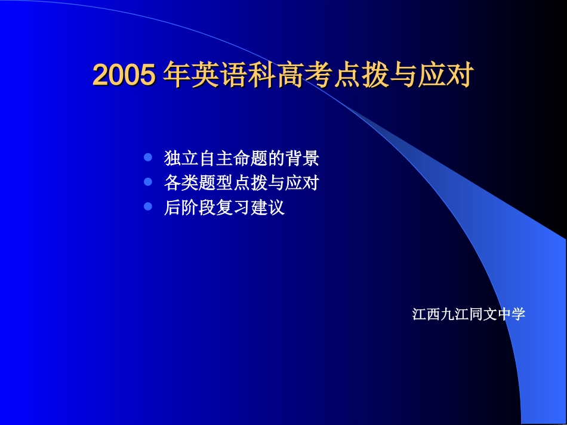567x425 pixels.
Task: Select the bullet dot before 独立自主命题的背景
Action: click(x=149, y=158)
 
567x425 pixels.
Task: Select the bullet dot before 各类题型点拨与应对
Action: click(x=149, y=182)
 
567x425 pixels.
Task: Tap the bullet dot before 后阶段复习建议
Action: click(x=149, y=207)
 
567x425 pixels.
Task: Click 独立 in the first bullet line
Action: click(x=181, y=159)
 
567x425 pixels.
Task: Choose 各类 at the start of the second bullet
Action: click(x=181, y=183)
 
